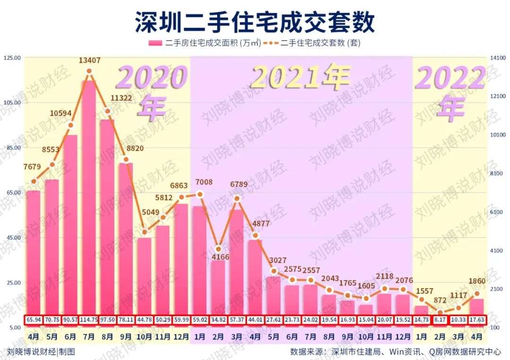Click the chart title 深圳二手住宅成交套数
coord(255,22)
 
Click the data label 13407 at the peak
coord(89,60)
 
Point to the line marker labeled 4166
coord(218,249)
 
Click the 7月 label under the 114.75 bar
coord(89,337)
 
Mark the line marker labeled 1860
coord(477,294)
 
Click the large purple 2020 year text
coord(152,78)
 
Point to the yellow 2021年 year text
coord(301,77)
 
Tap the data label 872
coord(440,300)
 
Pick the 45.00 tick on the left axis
coord(13,238)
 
